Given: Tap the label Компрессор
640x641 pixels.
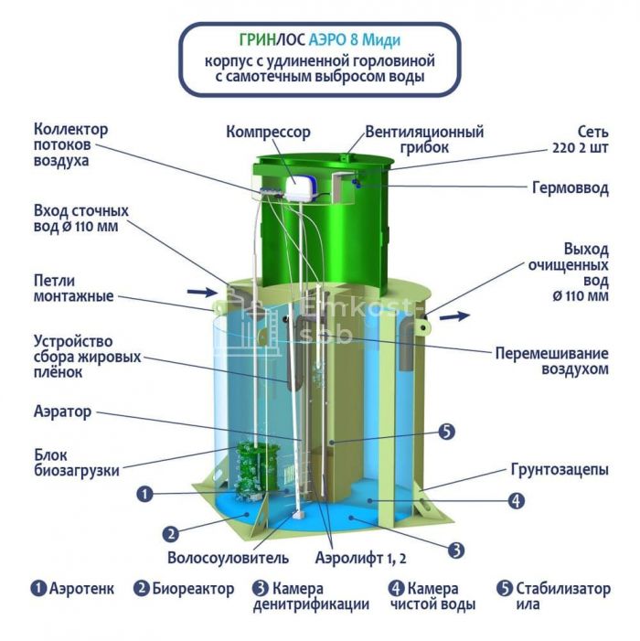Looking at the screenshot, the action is [268, 133].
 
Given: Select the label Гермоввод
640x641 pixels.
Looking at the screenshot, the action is [571, 188].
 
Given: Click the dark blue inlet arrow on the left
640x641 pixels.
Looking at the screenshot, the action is [202, 292].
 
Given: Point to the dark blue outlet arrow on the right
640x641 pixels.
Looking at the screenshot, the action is [454, 316].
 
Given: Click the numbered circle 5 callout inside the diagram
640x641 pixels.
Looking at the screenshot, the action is [446, 432].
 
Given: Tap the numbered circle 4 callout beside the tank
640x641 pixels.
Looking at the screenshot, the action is [517, 500].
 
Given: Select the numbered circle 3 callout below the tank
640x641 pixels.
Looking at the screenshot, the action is [456, 550].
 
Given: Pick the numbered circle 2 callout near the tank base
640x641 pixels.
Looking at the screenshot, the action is [171, 534].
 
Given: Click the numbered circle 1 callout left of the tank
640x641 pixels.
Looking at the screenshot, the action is [144, 494].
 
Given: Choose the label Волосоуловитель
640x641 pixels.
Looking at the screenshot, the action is [228, 558].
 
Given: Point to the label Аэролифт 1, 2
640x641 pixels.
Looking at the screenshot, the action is [360, 558].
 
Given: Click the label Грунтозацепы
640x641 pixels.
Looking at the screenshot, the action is [560, 470].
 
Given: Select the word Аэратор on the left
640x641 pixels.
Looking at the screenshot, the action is [62, 411].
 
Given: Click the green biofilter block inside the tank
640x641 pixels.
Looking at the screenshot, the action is [257, 470].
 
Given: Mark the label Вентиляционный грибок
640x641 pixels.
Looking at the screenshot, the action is [424, 140].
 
